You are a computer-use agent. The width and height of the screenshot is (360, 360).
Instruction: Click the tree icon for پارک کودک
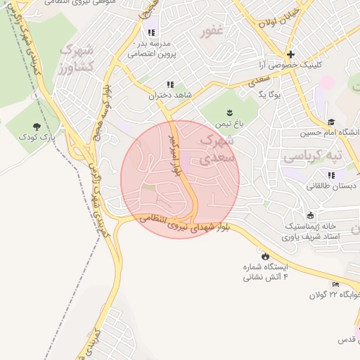37,127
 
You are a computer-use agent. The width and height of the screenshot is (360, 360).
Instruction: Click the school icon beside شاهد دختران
169,84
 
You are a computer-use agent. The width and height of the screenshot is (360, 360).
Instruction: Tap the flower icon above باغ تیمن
229,112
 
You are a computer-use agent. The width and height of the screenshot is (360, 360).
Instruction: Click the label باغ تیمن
229,123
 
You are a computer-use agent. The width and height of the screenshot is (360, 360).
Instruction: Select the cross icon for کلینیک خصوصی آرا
290,54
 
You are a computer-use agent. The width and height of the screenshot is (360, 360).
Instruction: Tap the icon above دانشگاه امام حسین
331,122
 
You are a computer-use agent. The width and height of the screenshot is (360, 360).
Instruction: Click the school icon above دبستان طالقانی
330,175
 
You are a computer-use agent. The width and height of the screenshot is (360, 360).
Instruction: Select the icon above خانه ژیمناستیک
310,215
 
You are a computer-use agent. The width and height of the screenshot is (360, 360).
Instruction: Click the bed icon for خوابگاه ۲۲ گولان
335,285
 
